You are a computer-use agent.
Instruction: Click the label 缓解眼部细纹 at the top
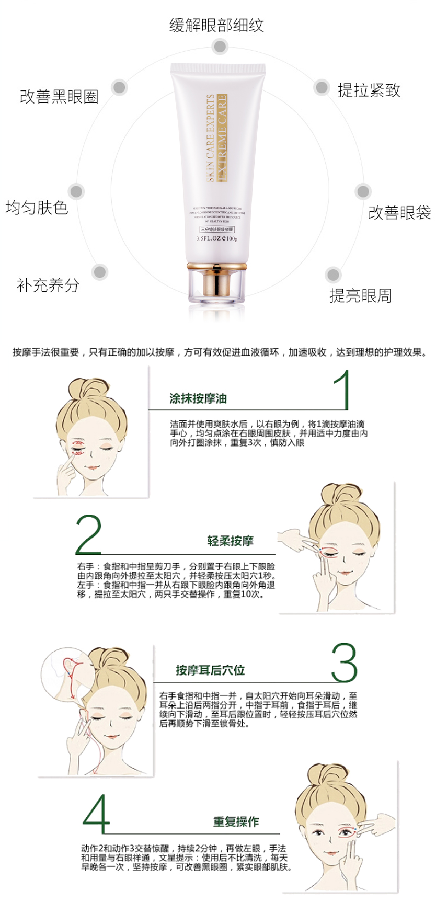pyautogui.click(x=216, y=25)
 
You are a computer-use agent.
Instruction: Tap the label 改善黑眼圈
pyautogui.click(x=59, y=97)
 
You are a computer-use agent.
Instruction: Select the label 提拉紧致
pyautogui.click(x=369, y=90)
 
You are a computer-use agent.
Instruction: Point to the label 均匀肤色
pyautogui.click(x=37, y=208)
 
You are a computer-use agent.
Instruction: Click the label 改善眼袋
pyautogui.click(x=399, y=213)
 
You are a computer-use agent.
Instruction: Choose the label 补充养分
pyautogui.click(x=48, y=285)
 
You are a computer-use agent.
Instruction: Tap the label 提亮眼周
pyautogui.click(x=360, y=295)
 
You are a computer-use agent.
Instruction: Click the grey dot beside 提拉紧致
pyautogui.click(x=321, y=87)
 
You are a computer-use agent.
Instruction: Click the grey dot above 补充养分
pyautogui.click(x=99, y=272)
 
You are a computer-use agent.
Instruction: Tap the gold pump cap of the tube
pyautogui.click(x=216, y=282)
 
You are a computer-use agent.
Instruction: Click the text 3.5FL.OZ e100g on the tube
pyautogui.click(x=217, y=238)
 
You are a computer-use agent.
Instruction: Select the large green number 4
pyautogui.click(x=96, y=814)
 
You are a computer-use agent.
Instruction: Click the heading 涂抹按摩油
pyautogui.click(x=198, y=398)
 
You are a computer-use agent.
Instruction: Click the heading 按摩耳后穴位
pyautogui.click(x=210, y=670)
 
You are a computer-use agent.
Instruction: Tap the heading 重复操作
pyautogui.click(x=236, y=821)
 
